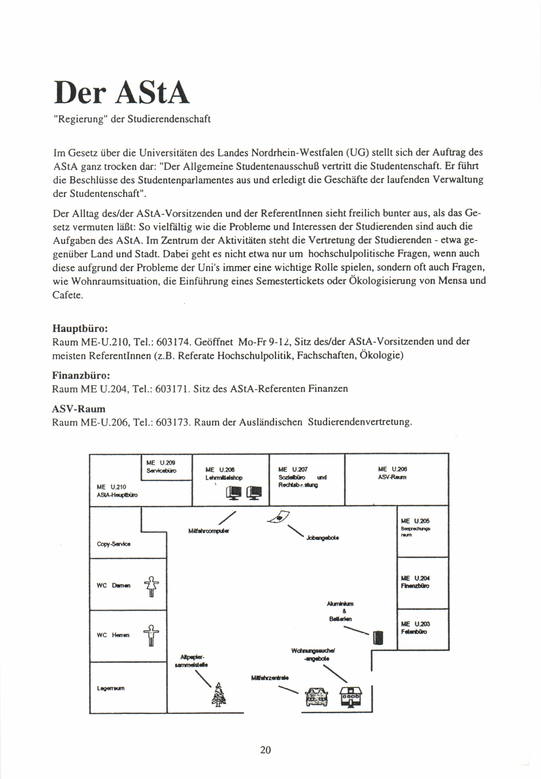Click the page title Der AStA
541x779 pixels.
pyautogui.click(x=121, y=92)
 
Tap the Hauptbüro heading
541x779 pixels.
pyautogui.click(x=80, y=329)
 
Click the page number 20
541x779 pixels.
pyautogui.click(x=265, y=750)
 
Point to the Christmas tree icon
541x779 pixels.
pyautogui.click(x=219, y=694)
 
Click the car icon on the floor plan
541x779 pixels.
pyautogui.click(x=317, y=697)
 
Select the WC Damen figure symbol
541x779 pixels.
pyautogui.click(x=152, y=586)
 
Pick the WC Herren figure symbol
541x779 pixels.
pyautogui.click(x=151, y=636)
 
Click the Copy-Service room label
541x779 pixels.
pyautogui.click(x=114, y=544)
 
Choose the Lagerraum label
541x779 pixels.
pyautogui.click(x=111, y=688)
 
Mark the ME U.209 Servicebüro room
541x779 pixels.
pyautogui.click(x=161, y=467)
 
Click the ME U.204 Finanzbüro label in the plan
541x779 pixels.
pyautogui.click(x=415, y=582)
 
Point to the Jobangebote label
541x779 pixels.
pyautogui.click(x=322, y=538)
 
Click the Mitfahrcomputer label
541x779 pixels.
pyautogui.click(x=209, y=531)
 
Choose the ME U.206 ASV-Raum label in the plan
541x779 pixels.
pyautogui.click(x=392, y=473)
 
